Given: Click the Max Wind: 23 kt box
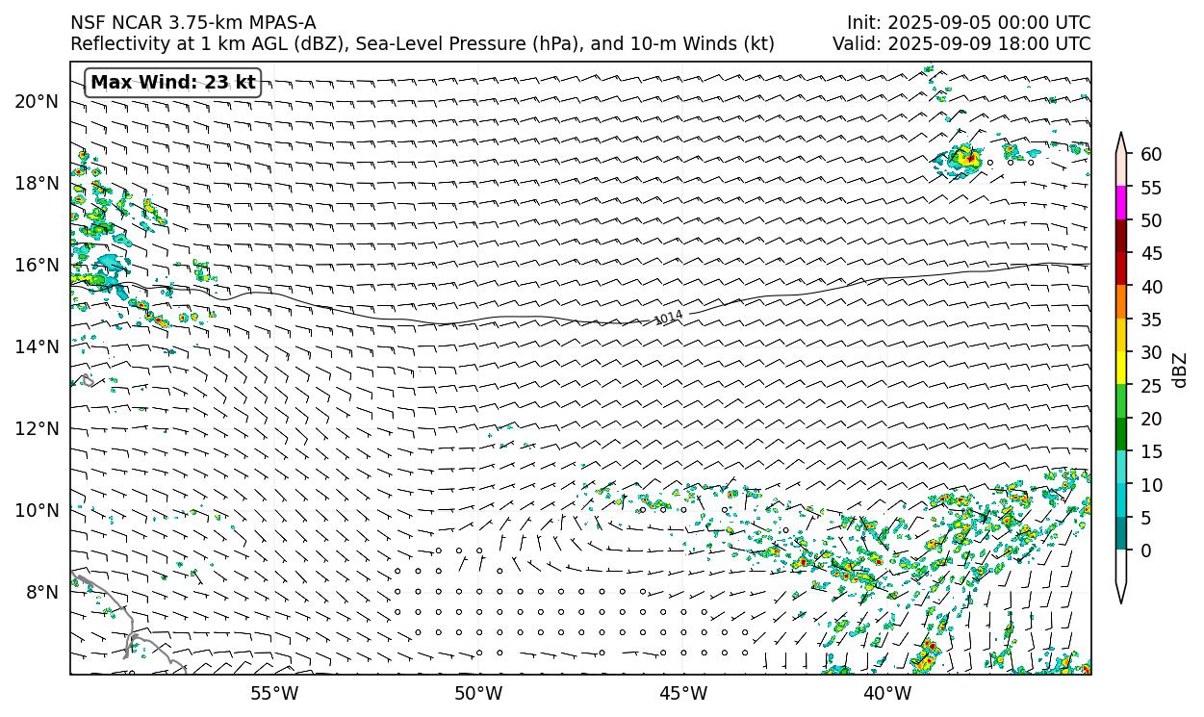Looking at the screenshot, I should (173, 83).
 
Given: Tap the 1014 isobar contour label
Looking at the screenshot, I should (668, 318).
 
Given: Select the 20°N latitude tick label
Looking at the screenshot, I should (37, 102).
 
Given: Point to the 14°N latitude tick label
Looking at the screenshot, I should (37, 346).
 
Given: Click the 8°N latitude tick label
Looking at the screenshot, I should (41, 592).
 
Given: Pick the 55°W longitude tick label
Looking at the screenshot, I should (274, 693).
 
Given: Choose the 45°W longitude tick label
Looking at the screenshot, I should (683, 693).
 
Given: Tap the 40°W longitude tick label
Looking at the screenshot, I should (887, 693).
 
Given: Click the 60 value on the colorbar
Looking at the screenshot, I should (1151, 155).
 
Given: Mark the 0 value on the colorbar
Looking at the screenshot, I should (1146, 551).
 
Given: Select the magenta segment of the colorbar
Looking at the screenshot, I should (1121, 204).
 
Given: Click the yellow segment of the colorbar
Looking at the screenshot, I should (1121, 369).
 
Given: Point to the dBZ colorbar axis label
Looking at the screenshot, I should (1181, 370).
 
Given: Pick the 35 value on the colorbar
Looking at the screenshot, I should (1151, 320).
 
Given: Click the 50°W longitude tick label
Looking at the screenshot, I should (478, 693).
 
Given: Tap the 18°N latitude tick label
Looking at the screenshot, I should (37, 183).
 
